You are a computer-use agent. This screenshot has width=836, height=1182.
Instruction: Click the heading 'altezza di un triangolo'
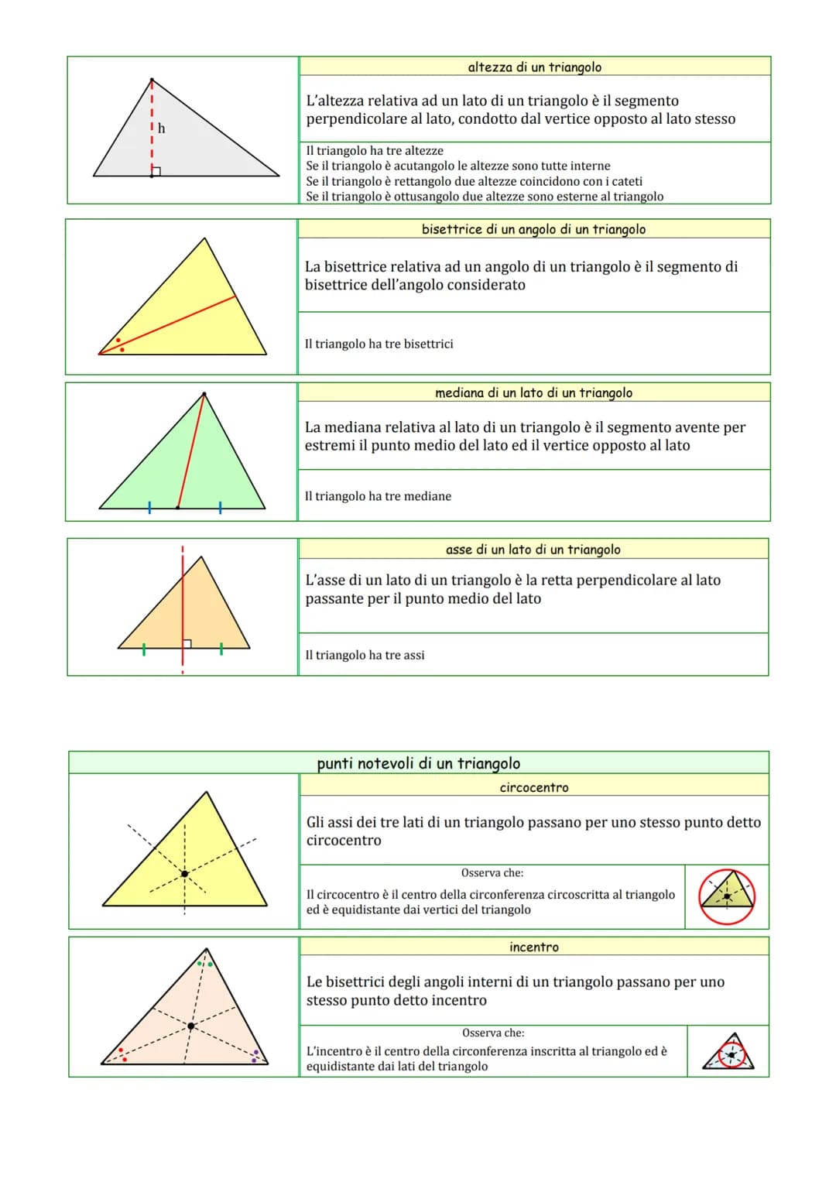[534, 67]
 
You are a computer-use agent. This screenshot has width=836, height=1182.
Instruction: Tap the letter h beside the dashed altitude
[161, 128]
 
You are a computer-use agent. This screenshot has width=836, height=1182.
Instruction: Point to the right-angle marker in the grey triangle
[156, 171]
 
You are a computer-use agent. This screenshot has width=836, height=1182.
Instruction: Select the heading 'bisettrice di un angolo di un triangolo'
[533, 229]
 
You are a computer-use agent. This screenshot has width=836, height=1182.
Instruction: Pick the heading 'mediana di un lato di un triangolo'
[533, 392]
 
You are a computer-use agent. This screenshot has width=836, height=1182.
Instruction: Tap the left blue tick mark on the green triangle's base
[149, 508]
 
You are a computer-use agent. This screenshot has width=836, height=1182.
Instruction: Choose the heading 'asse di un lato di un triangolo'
[533, 550]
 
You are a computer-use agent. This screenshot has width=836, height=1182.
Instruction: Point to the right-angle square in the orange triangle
[187, 643]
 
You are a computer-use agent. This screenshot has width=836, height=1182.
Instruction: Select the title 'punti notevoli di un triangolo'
[418, 763]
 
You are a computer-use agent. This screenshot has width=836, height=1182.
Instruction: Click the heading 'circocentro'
[533, 787]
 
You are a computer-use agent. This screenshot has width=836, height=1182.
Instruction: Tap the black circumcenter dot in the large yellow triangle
[184, 874]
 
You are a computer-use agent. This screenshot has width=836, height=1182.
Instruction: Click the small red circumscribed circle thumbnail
[727, 896]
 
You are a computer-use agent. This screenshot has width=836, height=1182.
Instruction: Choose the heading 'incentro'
[533, 947]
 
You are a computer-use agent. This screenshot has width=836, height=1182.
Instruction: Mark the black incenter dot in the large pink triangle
[191, 1026]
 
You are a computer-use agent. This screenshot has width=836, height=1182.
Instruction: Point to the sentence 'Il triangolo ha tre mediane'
[378, 496]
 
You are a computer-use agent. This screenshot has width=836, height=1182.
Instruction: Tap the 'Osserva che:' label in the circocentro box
[492, 873]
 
